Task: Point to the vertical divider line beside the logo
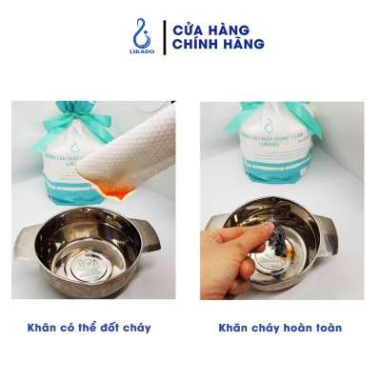[x=163, y=36]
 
